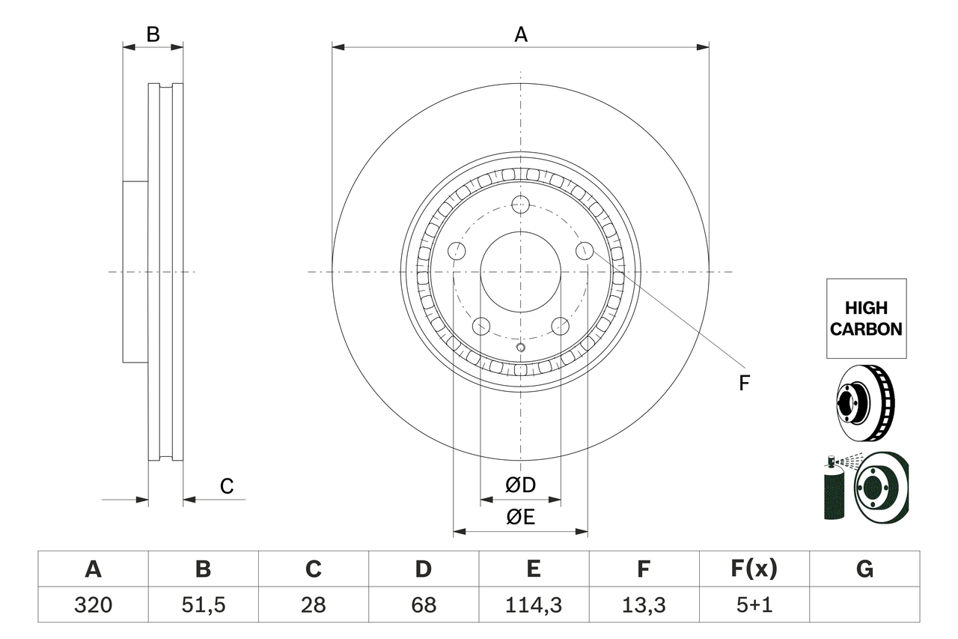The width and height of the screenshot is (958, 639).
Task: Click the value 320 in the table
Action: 93,605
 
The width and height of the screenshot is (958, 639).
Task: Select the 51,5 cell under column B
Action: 203,605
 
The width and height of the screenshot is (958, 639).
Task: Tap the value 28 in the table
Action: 313,605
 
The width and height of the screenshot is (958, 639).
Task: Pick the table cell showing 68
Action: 424,605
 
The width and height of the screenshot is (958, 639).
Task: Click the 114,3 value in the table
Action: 533,605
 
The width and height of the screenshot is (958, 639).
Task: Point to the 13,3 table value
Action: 644,605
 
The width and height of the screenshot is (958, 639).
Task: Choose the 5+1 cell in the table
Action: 754,605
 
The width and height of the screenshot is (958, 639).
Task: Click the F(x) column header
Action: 754,569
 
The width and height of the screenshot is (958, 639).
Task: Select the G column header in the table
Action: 864,569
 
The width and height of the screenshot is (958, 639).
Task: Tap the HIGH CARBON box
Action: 866,318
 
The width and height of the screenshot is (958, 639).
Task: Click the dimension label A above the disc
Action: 521,34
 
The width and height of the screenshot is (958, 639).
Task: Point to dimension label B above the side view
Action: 153,34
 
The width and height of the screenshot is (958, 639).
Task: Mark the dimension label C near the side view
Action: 227,486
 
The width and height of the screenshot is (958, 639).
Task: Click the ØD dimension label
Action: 521,485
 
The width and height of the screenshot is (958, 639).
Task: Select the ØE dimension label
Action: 521,518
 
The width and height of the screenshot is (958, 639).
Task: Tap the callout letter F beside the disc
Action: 743,384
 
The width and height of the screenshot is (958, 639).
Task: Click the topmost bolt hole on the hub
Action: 521,204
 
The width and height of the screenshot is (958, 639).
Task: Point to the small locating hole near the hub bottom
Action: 521,347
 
